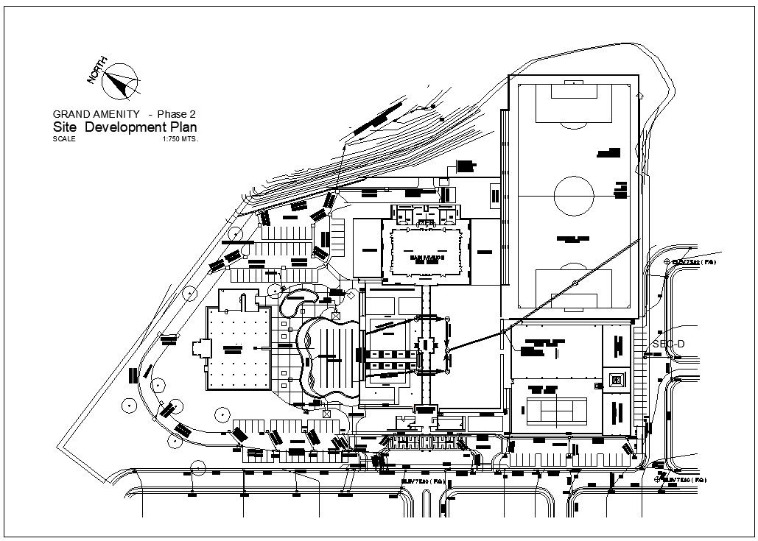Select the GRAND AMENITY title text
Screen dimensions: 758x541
coord(96,114)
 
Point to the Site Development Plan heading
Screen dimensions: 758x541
coord(124,127)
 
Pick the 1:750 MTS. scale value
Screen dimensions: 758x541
coord(180,138)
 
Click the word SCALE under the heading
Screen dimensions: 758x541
coord(64,138)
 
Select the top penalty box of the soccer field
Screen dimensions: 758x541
coord(574,103)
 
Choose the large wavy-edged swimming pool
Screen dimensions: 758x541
coord(329,359)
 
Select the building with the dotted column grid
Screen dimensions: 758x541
coord(237,348)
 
